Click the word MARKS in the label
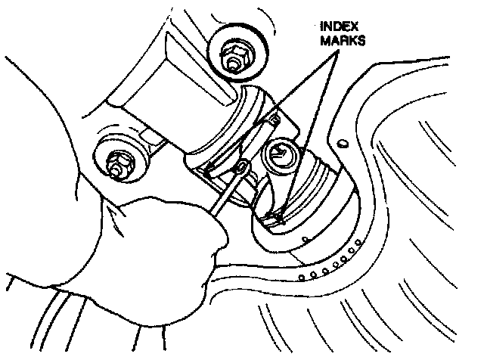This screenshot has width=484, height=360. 343,42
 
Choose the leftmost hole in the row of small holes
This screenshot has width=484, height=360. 299,276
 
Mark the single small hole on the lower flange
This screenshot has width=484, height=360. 304,240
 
